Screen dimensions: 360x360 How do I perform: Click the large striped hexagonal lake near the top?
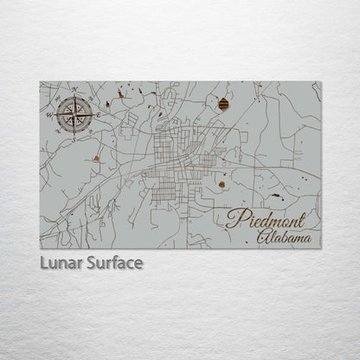[224, 105]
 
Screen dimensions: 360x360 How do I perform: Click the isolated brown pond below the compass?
[94, 158]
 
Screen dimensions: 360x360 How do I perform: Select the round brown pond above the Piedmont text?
[222, 183]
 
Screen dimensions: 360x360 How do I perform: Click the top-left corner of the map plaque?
[41, 82]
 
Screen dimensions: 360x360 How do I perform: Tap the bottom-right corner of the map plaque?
[319, 248]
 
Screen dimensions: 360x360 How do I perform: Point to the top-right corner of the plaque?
[319, 82]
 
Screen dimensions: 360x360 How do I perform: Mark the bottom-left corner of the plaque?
[41, 248]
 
